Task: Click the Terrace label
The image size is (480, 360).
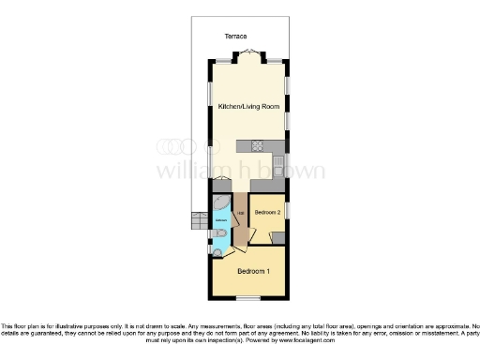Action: point(235,36)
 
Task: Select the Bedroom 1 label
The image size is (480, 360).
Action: point(253,272)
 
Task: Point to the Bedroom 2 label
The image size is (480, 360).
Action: point(268,213)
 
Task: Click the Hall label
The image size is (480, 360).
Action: point(240,214)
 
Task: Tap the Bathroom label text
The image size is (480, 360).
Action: point(220,221)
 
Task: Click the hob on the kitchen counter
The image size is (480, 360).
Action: point(257,145)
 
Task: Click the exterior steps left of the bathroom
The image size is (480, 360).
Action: point(198,221)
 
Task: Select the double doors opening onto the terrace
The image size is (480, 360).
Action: point(250,52)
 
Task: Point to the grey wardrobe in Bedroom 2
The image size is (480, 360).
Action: point(277,236)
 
